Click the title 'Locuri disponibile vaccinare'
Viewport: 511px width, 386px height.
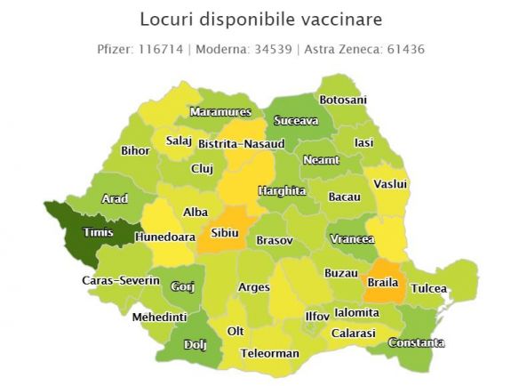(255, 19)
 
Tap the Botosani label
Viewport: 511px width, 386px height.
(342, 100)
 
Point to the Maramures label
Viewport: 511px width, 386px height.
(220, 112)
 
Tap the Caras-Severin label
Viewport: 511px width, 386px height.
(121, 281)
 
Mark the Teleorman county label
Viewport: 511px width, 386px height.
(269, 353)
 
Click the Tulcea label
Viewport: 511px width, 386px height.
(429, 289)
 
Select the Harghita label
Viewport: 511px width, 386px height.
(282, 190)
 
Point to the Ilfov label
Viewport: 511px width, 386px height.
(317, 316)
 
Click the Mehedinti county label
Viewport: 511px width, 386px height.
(159, 317)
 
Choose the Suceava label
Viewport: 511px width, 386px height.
(296, 120)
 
